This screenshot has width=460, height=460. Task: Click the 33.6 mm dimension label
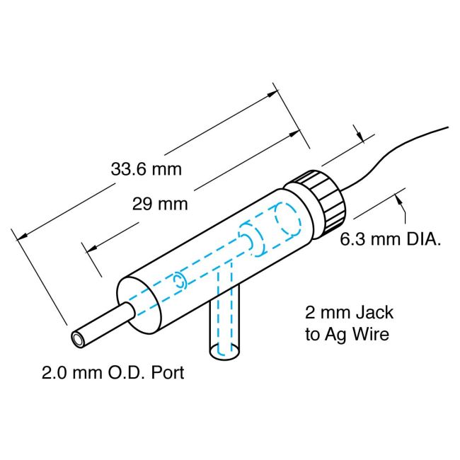click(x=146, y=170)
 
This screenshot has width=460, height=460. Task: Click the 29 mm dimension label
click(x=160, y=205)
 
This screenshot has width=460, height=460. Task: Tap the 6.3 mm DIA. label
click(x=391, y=239)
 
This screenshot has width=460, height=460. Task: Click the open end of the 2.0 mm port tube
click(x=78, y=339)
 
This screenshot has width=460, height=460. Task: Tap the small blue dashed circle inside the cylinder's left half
click(x=180, y=280)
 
